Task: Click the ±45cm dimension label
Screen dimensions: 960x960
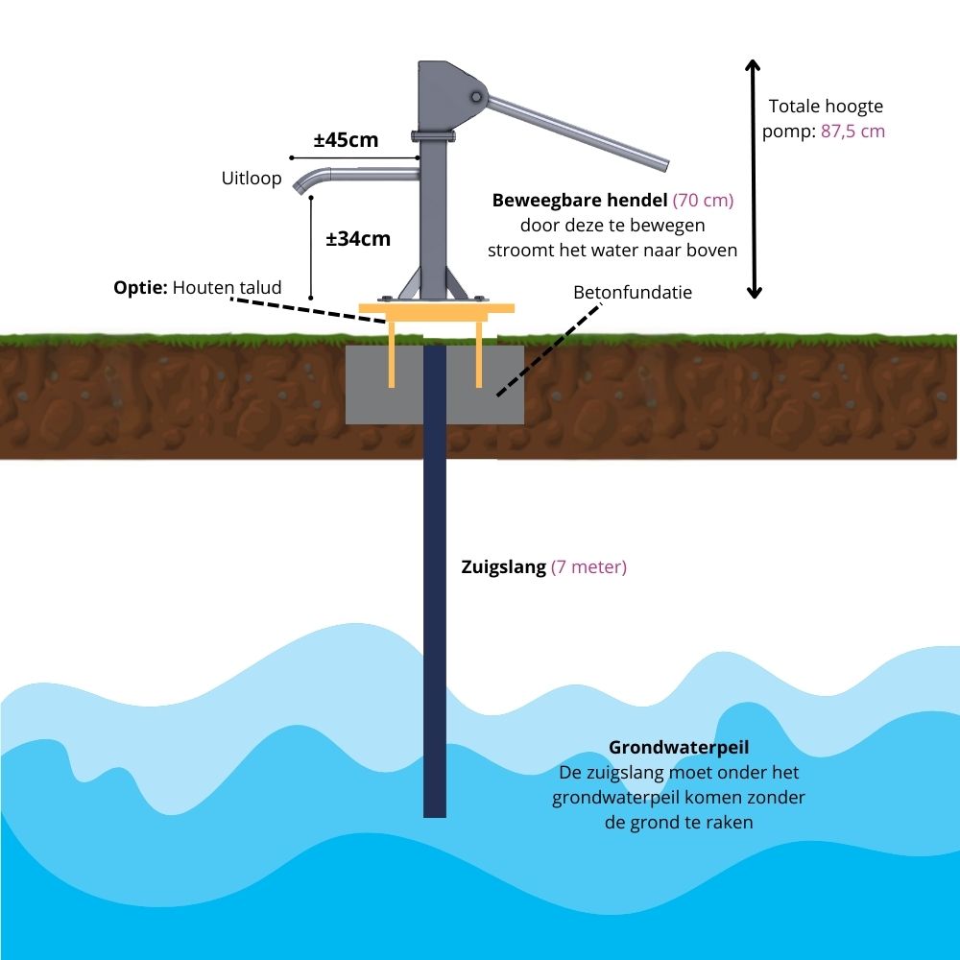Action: tap(346, 140)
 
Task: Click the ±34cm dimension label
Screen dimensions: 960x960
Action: tap(358, 239)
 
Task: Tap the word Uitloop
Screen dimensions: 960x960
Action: tap(252, 179)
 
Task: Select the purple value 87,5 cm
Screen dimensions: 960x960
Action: tap(852, 132)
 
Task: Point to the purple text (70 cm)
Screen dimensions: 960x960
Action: tap(703, 201)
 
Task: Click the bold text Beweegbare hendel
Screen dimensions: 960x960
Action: tap(580, 201)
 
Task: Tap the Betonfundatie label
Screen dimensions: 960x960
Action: tap(632, 292)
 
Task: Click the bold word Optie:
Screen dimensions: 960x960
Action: tap(141, 287)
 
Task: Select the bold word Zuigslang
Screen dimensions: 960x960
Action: tap(504, 567)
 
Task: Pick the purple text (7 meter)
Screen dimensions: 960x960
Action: tap(588, 567)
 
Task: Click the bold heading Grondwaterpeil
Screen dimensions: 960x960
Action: tap(679, 747)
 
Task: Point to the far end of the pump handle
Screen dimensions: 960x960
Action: tap(661, 163)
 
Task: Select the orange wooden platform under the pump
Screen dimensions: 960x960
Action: tap(437, 308)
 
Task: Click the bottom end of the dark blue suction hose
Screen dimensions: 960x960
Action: tap(435, 811)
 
